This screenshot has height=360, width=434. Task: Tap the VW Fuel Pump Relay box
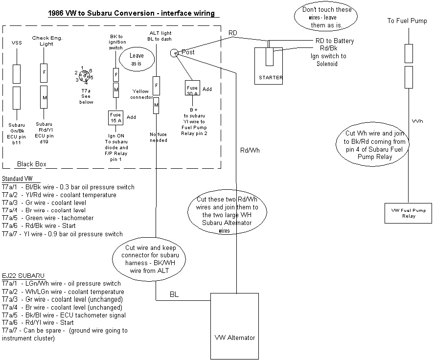[x=409, y=212]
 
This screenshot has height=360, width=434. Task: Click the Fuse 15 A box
[x=115, y=118]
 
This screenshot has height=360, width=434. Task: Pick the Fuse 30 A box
[x=192, y=88]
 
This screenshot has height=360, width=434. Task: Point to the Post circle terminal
[x=174, y=53]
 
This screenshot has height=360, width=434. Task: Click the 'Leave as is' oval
[x=137, y=59]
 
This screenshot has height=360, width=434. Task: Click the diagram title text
[x=131, y=13]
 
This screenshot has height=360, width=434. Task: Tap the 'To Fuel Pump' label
[x=407, y=21]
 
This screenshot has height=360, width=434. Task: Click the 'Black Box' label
[x=32, y=164]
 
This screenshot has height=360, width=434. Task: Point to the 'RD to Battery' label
[x=335, y=41]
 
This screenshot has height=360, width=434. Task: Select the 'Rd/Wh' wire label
[x=250, y=150]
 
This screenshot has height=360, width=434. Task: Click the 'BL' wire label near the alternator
[x=174, y=294]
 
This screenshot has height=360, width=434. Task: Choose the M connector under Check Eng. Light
[x=44, y=98]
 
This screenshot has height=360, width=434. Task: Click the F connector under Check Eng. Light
[x=44, y=73]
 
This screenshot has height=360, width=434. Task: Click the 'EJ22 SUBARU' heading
[x=20, y=275]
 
